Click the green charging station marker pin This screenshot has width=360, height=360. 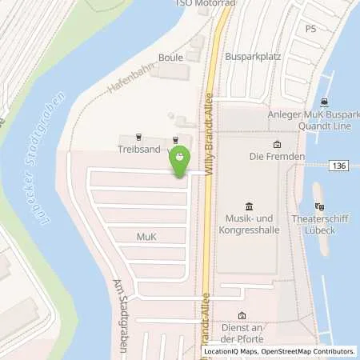click(x=180, y=157)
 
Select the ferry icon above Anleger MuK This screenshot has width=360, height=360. click(x=324, y=102)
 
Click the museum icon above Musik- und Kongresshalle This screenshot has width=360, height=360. click(x=248, y=206)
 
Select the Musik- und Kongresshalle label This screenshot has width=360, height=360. click(x=248, y=225)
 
